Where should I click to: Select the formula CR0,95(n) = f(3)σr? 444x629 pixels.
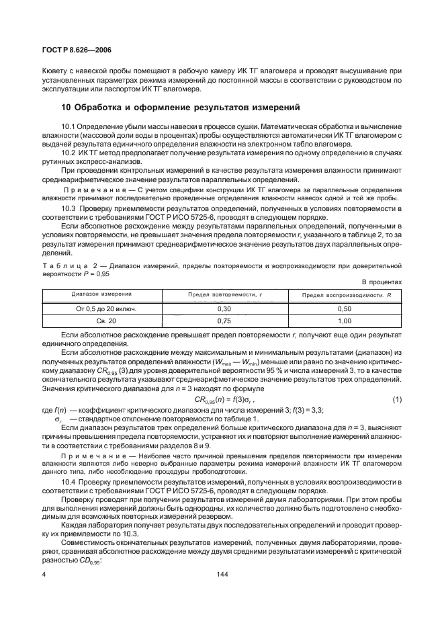(x=226, y=401)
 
